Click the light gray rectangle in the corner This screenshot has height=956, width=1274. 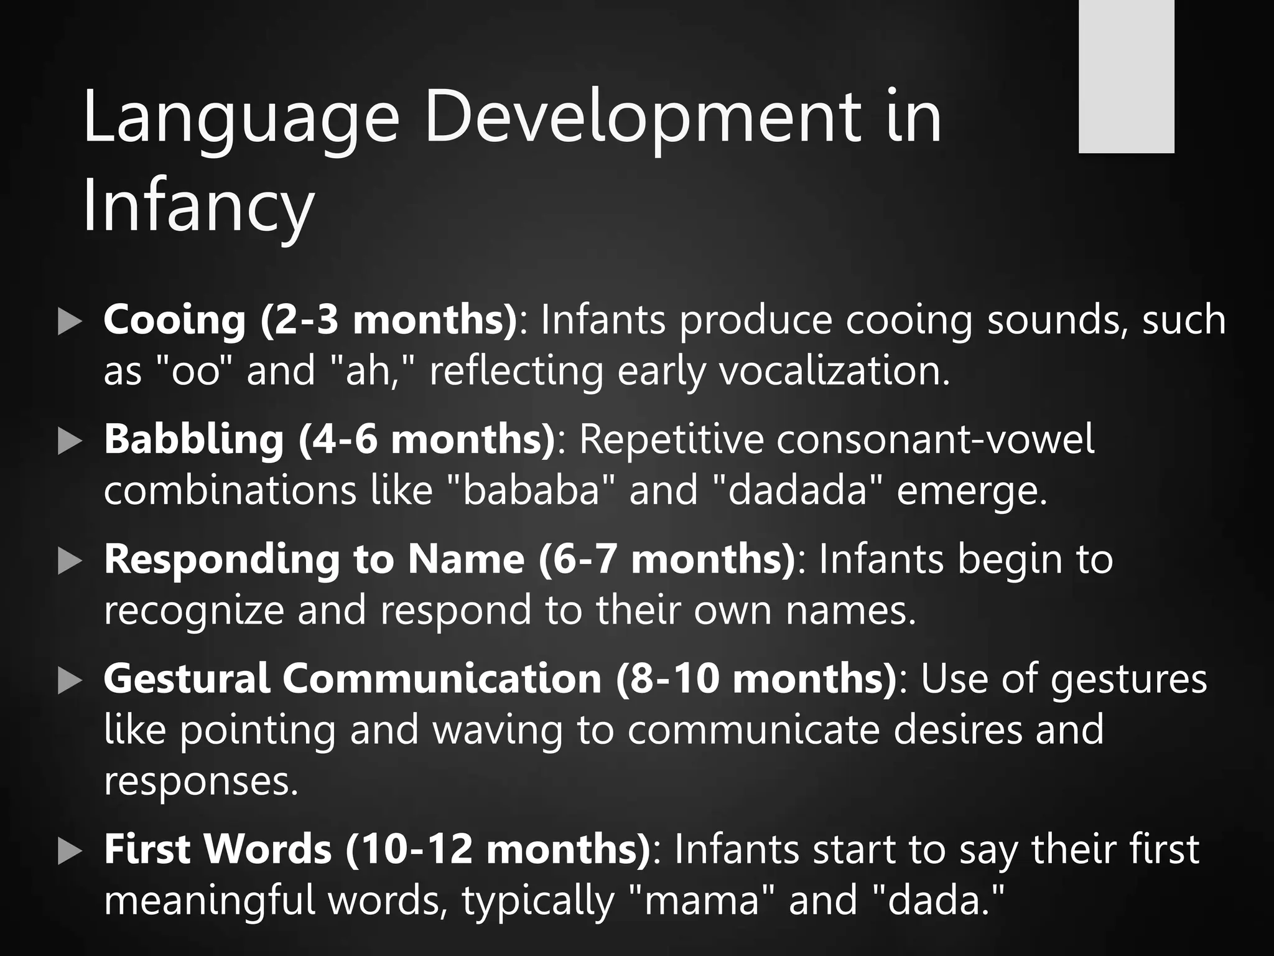tap(1126, 76)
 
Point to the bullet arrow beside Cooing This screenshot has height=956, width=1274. tap(70, 322)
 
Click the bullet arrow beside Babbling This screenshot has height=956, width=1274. tap(70, 443)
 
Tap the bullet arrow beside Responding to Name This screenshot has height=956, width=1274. tap(70, 562)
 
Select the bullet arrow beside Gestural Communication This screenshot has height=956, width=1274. tap(70, 682)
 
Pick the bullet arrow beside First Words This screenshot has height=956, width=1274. tap(70, 851)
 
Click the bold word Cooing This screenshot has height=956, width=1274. tap(175, 320)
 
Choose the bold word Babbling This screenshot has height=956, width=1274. tap(193, 439)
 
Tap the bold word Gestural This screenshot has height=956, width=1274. tap(187, 678)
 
